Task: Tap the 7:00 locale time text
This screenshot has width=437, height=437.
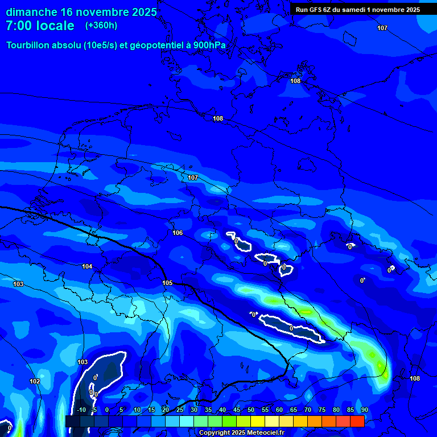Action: (x=40, y=26)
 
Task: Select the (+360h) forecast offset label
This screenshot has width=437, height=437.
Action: (x=101, y=26)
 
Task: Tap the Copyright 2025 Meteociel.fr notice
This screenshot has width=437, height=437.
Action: (x=241, y=432)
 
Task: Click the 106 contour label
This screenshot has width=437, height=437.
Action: (x=178, y=233)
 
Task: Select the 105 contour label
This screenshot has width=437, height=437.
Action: (x=167, y=283)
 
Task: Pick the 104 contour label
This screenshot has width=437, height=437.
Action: (x=87, y=266)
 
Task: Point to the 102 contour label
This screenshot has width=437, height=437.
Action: (x=35, y=381)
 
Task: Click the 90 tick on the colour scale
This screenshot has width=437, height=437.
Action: (x=364, y=410)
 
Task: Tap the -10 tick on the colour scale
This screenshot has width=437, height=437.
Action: (x=81, y=410)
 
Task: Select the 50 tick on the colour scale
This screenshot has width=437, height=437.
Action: (x=251, y=410)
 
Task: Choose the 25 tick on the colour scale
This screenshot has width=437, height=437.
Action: (x=180, y=410)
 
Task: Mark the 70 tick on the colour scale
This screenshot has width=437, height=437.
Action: (x=308, y=410)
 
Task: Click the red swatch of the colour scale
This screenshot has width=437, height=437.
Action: (x=357, y=421)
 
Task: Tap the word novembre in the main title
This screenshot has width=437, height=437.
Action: (x=97, y=12)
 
